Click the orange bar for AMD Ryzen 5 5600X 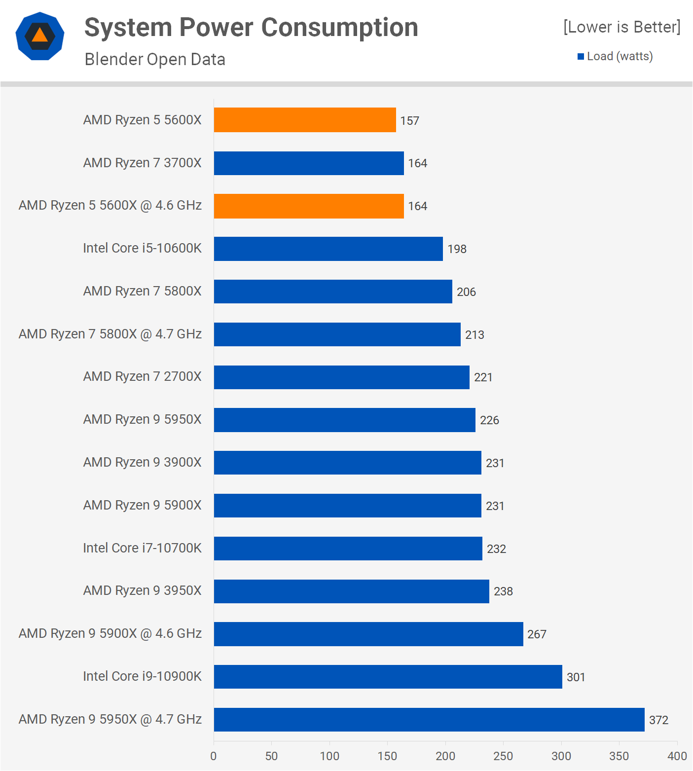tap(305, 120)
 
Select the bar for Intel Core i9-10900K tap(388, 677)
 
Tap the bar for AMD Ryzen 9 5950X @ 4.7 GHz tap(429, 720)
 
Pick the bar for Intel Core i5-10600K tap(328, 249)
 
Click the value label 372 tap(658, 720)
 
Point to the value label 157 tap(409, 121)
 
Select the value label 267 tap(537, 634)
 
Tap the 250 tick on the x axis tap(503, 756)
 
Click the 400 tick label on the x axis tap(677, 756)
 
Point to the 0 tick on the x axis tap(214, 756)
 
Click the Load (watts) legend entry tap(615, 56)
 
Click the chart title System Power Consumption tap(251, 28)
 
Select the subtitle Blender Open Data tap(155, 60)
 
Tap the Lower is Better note tap(621, 27)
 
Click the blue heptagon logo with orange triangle tap(40, 36)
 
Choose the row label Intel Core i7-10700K tap(142, 548)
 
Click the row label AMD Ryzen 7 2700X tap(142, 376)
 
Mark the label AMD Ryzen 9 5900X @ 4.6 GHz tap(110, 633)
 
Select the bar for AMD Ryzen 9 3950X tap(351, 591)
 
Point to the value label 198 tap(457, 249)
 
